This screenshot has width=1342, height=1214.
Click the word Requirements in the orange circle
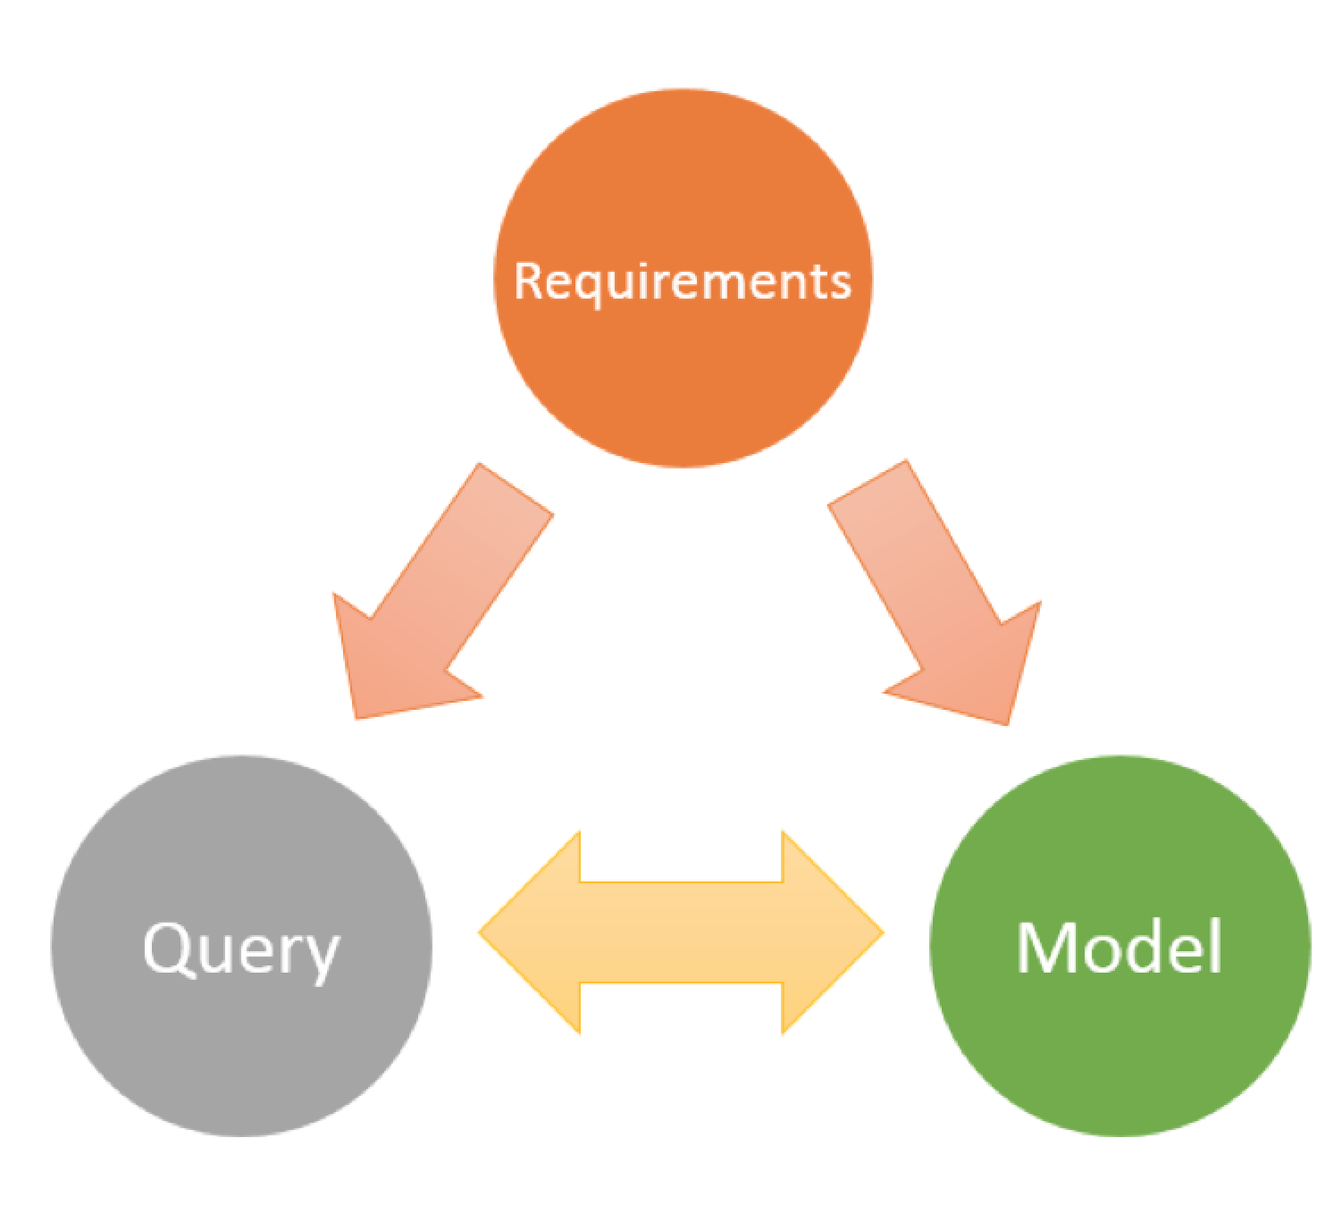[x=683, y=281]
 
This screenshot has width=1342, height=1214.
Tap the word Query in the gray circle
[x=241, y=949]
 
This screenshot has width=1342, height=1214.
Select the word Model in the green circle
[x=1119, y=947]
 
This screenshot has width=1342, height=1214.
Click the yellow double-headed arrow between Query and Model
[x=681, y=932]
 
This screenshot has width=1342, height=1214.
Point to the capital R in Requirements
[x=528, y=281]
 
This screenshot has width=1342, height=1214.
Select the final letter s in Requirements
[x=840, y=283]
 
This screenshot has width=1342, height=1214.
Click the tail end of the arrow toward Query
[x=516, y=490]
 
